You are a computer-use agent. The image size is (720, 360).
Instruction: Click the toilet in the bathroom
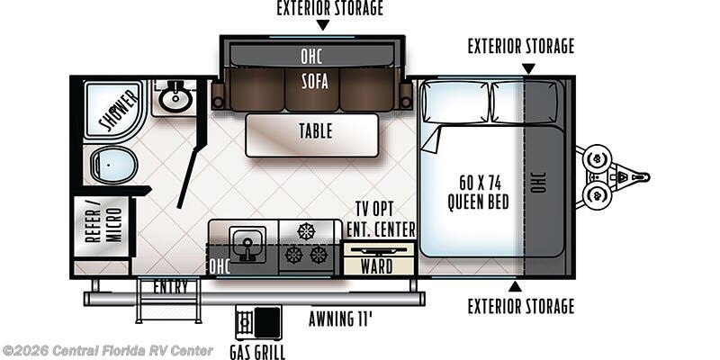(x=113, y=165)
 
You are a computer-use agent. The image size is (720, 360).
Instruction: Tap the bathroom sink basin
(x=175, y=99)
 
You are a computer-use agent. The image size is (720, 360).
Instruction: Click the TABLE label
(x=316, y=131)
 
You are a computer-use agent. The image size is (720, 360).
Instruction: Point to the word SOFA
(x=315, y=81)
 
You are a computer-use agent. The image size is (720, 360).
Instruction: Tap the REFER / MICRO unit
(x=103, y=227)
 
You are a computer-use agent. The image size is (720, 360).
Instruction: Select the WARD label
(x=376, y=266)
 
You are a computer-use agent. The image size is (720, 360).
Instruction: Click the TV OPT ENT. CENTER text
(x=381, y=220)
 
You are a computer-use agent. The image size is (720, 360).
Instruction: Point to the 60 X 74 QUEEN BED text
(x=478, y=193)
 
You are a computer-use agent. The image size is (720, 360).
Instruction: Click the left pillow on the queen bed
(x=455, y=102)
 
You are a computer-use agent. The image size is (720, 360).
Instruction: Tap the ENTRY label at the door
(x=170, y=287)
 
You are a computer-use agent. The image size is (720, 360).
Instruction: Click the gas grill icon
(x=258, y=322)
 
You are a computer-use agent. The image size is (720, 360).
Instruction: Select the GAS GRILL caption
(x=257, y=352)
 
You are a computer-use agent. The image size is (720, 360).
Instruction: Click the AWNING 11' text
(x=340, y=319)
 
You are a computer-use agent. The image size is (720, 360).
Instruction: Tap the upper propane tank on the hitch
(x=598, y=159)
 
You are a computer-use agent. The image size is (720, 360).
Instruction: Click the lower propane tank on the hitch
(x=598, y=195)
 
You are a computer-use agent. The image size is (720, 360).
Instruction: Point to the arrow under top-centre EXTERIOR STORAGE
(x=323, y=25)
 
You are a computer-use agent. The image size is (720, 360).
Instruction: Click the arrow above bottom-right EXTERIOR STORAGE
(x=515, y=286)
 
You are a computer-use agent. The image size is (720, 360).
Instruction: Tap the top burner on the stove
(x=306, y=231)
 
